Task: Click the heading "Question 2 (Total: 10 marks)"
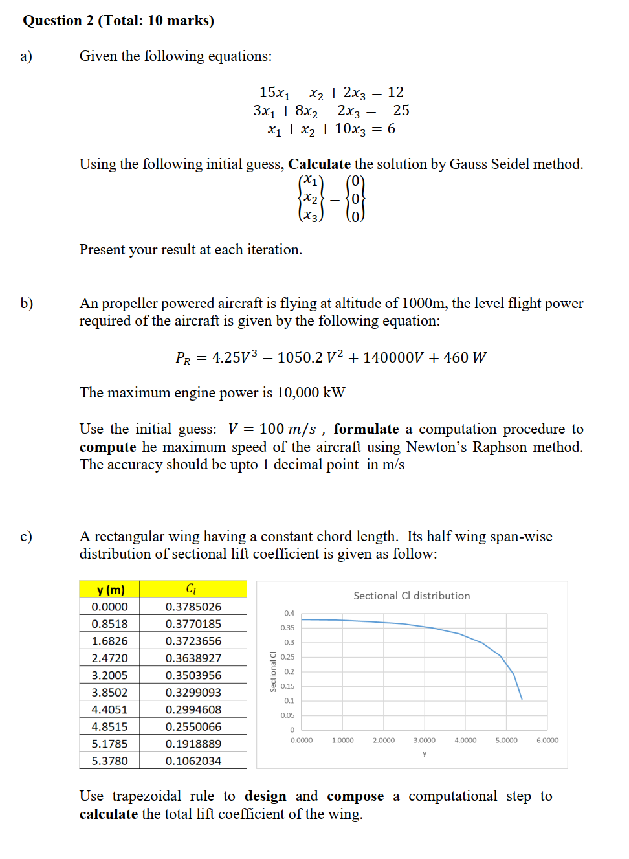pos(118,21)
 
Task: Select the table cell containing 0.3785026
pos(193,607)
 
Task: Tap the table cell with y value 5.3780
pos(109,761)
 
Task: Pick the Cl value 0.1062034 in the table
pos(193,761)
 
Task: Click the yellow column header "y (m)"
pos(110,589)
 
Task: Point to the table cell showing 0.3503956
pos(193,675)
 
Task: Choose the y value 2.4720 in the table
pos(109,658)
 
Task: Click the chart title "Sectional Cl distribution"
pos(412,596)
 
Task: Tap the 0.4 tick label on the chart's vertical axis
pos(289,613)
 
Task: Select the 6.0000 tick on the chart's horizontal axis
pos(547,741)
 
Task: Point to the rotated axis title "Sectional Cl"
pos(273,671)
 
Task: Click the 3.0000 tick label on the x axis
pos(424,741)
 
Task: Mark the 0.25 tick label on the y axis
pos(287,657)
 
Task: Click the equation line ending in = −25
pos(331,111)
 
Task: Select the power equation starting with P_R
pos(331,357)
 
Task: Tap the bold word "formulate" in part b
pos(366,429)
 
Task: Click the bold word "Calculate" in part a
pos(319,164)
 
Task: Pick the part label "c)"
pos(26,537)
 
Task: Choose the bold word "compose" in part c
pos(355,796)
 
